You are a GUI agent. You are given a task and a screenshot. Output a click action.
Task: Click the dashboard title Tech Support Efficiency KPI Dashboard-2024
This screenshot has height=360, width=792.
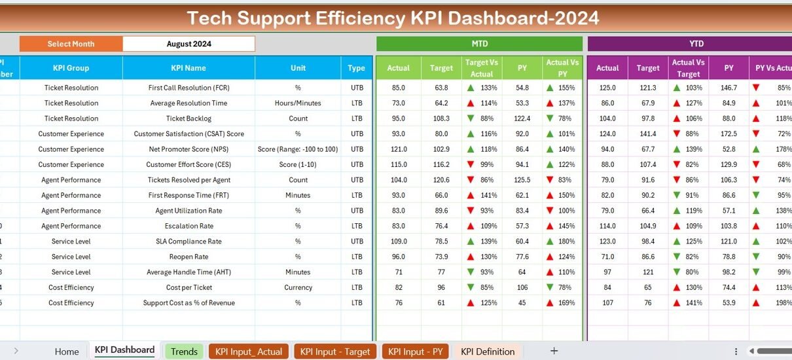pos(393,18)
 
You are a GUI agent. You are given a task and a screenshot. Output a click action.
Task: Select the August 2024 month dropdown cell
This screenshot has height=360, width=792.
pos(189,44)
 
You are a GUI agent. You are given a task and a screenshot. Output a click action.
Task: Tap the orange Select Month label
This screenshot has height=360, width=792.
pos(71,44)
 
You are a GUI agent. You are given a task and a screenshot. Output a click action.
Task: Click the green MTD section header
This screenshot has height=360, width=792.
pos(479,44)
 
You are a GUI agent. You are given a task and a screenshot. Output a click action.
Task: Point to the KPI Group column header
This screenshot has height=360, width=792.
pos(71,68)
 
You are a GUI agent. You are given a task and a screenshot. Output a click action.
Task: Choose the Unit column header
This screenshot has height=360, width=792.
pos(298,68)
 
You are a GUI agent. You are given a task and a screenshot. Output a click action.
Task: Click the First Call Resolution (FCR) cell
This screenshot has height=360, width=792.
pos(189,88)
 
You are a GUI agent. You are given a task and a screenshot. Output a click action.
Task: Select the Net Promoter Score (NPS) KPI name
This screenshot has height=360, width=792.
pos(189,149)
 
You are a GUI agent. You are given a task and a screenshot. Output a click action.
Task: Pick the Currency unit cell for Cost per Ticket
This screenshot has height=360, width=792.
pos(298,287)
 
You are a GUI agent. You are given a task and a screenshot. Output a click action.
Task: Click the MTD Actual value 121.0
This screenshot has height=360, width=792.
pos(398,149)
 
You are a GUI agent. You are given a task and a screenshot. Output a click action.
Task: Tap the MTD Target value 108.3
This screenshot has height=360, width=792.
pos(441,118)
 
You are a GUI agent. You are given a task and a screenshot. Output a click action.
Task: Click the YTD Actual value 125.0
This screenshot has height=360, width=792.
pos(607,88)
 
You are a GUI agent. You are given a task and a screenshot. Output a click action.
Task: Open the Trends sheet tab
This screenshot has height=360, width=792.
pos(184,351)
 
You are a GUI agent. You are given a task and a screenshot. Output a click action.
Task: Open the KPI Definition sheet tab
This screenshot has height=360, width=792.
pos(488,351)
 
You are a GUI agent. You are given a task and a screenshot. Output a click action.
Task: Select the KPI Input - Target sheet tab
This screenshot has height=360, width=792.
pos(335,351)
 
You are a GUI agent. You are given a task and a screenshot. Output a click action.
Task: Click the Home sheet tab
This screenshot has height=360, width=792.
pos(67,351)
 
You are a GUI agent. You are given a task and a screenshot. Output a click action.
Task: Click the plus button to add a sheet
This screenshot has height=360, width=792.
pos(554,351)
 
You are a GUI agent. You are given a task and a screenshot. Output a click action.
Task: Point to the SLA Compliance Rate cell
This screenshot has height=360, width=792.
pos(189,242)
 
